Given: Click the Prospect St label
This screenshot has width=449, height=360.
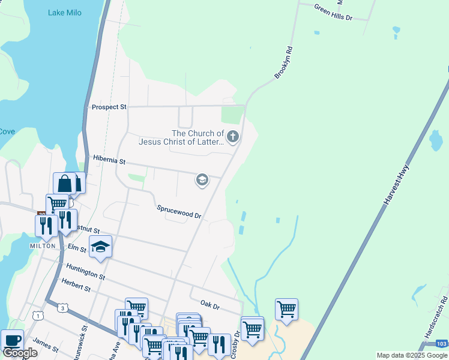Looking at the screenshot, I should (109, 107).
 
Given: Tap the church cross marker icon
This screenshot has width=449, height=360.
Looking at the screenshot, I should (232, 137).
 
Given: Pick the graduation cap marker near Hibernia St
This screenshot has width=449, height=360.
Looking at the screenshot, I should (202, 180).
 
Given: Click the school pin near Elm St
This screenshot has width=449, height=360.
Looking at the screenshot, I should (101, 247).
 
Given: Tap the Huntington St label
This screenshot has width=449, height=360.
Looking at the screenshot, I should (86, 272).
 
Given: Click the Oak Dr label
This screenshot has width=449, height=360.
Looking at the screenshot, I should (210, 307).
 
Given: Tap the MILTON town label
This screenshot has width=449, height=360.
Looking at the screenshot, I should (44, 246).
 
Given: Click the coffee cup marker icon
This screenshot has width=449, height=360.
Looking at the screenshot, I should (12, 340).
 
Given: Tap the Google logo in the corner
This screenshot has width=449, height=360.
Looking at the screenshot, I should (20, 353).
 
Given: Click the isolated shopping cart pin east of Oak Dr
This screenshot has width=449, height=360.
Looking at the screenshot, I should (287, 309).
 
